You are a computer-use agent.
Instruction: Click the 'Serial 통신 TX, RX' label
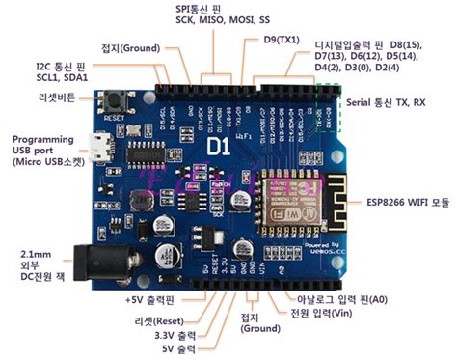point(395,101)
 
